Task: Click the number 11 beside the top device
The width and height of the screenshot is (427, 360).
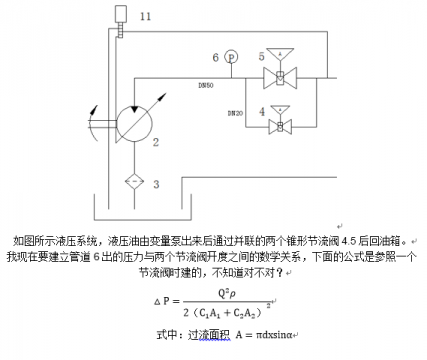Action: (146, 17)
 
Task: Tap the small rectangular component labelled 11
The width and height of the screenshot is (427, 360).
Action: (122, 14)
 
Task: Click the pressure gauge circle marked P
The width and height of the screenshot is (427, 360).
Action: (231, 57)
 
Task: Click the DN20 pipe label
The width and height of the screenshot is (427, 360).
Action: (235, 114)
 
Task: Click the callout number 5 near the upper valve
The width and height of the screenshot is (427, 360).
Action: (262, 57)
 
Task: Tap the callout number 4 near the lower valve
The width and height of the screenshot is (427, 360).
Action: (262, 112)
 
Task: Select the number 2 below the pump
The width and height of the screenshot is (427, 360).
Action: (155, 143)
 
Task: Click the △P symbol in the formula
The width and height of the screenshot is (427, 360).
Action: (166, 301)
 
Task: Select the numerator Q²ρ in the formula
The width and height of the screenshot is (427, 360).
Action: (231, 293)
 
